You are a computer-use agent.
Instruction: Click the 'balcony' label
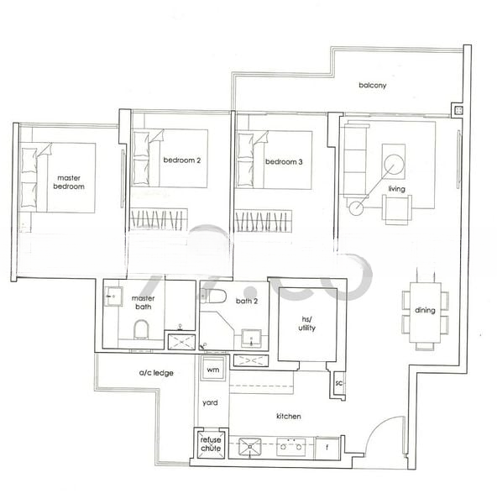pyautogui.click(x=372, y=85)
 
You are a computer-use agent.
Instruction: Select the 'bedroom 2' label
pyautogui.click(x=181, y=160)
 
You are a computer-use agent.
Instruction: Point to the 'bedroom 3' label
pyautogui.click(x=284, y=162)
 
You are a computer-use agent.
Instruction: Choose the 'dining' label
pyautogui.click(x=425, y=311)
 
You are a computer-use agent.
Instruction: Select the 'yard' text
pyautogui.click(x=210, y=402)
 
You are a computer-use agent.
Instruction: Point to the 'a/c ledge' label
pyautogui.click(x=156, y=372)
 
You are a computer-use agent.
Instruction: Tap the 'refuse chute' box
pyautogui.click(x=210, y=445)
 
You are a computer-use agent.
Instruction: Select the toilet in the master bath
pyautogui.click(x=142, y=328)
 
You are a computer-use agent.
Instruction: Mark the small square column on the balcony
pyautogui.click(x=457, y=110)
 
